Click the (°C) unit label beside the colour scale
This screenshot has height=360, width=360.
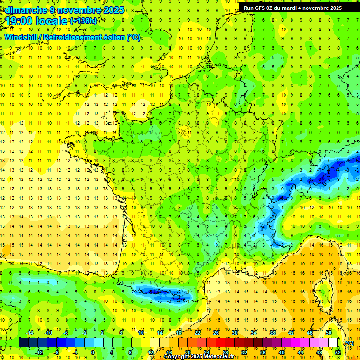(349, 343)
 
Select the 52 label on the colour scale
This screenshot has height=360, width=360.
(337, 352)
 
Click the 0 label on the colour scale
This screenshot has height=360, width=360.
(93, 352)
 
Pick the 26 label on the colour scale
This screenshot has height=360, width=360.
(216, 333)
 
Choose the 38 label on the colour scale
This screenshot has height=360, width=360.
(272, 333)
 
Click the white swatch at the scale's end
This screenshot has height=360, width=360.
(333, 343)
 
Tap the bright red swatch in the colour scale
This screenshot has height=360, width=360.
(221, 343)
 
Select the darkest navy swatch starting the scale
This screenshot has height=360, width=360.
(23, 343)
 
